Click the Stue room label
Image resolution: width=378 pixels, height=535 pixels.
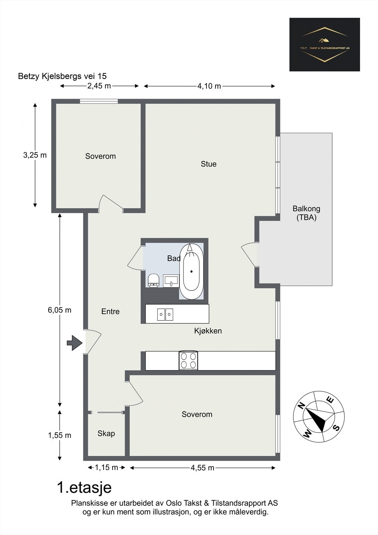click(x=209, y=164)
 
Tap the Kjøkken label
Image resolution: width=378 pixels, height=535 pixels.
click(x=208, y=331)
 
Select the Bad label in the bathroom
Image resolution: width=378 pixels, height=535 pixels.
click(x=173, y=258)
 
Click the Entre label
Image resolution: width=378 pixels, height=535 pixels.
click(x=110, y=311)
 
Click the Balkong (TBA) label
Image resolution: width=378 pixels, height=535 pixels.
click(x=306, y=213)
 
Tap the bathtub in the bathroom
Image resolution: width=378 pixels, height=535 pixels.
click(x=191, y=272)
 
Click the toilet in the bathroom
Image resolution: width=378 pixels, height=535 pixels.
click(x=153, y=281)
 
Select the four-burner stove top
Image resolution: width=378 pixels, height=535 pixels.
click(x=188, y=361)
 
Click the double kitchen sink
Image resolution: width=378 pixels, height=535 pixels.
click(x=165, y=315)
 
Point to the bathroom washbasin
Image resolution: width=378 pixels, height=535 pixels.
click(x=171, y=281)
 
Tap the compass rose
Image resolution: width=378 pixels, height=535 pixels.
click(x=319, y=417)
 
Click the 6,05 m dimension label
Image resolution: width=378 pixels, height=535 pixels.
click(x=59, y=310)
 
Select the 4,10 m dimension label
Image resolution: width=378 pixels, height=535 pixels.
click(x=209, y=86)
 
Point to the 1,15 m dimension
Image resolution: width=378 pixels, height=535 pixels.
click(x=107, y=468)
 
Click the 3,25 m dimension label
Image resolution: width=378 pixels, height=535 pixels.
click(x=35, y=155)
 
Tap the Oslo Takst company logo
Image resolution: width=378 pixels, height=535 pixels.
click(x=325, y=44)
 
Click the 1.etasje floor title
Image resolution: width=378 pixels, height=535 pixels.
click(x=84, y=488)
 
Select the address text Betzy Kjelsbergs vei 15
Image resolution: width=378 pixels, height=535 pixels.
click(x=62, y=76)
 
